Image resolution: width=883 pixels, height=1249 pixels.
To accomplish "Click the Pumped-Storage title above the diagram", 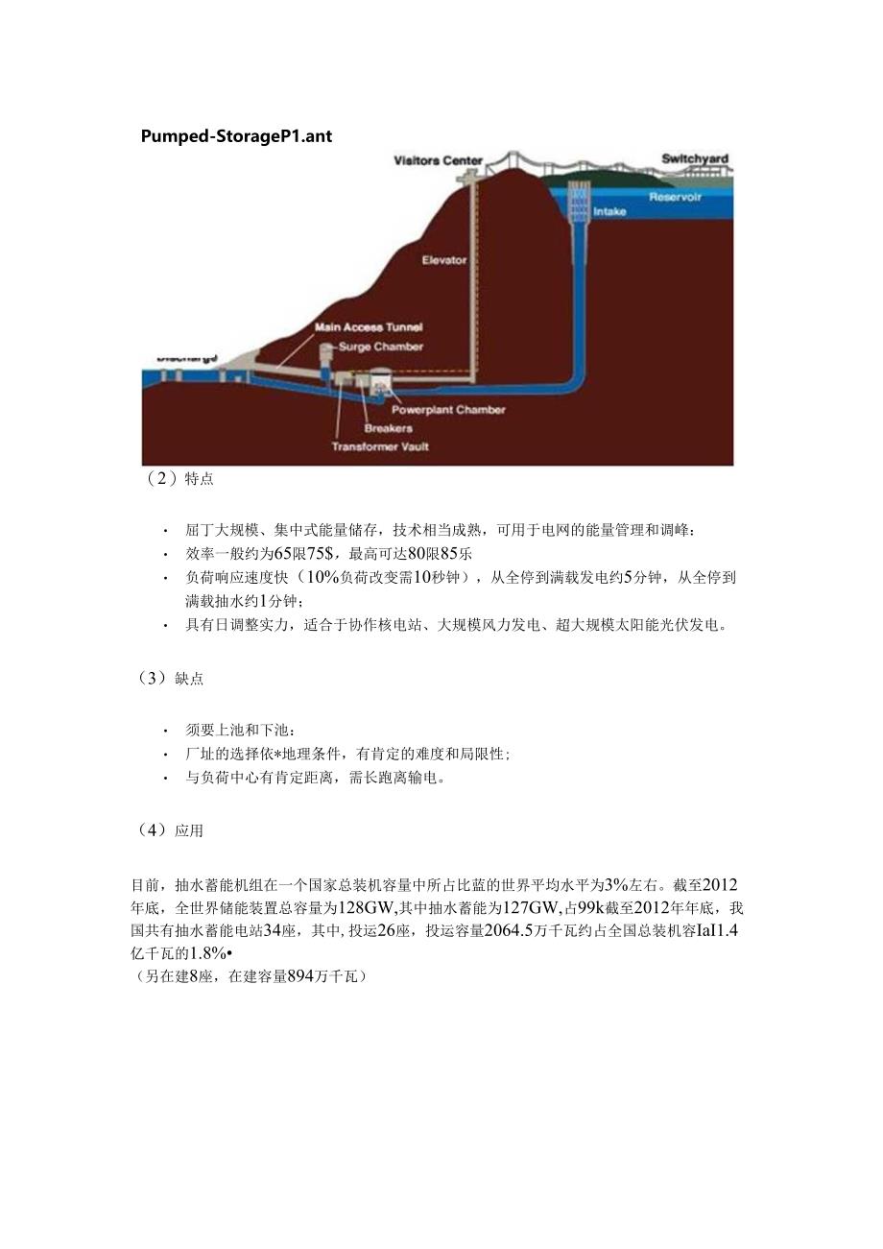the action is tap(236, 135).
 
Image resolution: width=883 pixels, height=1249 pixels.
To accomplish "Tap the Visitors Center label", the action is tap(438, 160).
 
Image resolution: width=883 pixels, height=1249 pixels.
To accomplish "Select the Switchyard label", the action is tap(694, 158).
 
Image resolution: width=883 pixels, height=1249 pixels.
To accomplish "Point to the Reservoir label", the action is tap(675, 197).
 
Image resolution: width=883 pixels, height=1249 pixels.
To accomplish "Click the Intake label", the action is tap(609, 211).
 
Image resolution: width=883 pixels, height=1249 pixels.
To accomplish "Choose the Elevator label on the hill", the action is tap(444, 259).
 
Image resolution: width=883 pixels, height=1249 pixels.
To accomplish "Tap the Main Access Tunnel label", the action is tap(369, 327).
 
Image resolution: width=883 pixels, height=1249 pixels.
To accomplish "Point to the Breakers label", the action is tap(388, 428).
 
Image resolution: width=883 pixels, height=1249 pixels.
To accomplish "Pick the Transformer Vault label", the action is tap(380, 446).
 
